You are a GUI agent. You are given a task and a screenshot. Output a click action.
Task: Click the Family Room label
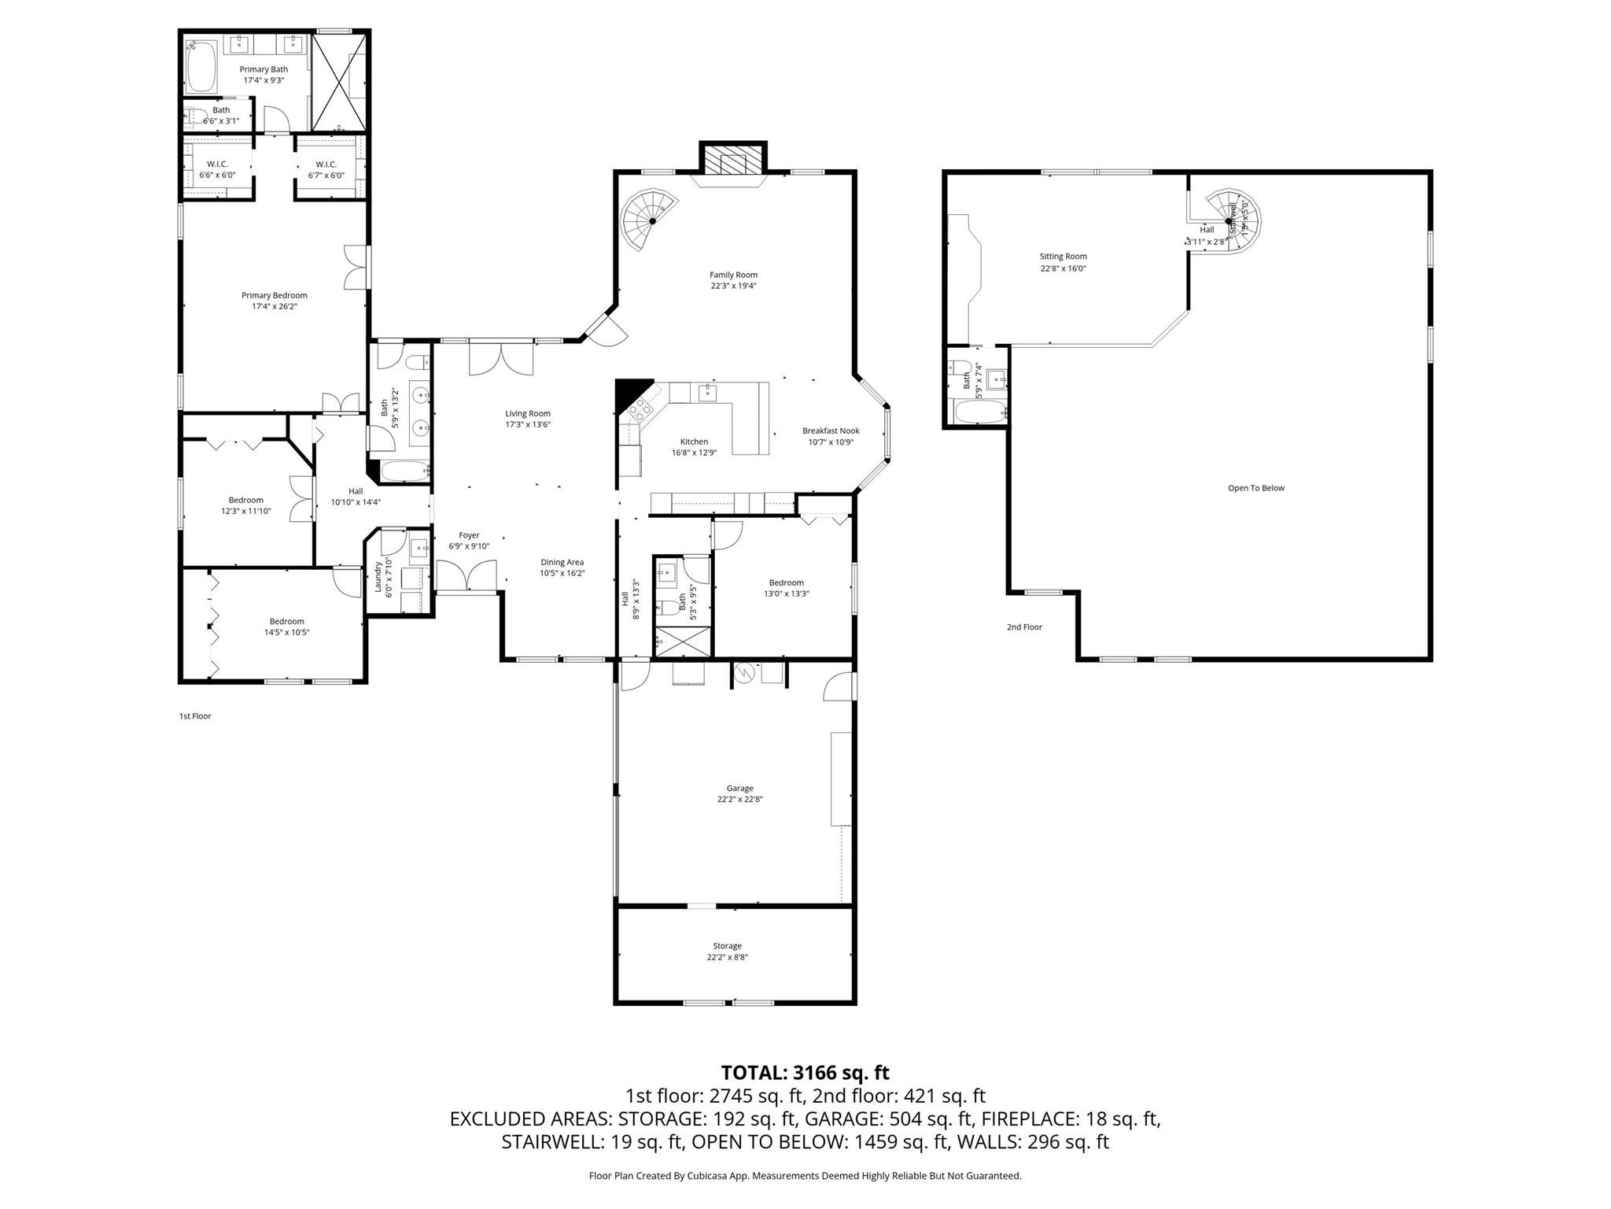tap(733, 275)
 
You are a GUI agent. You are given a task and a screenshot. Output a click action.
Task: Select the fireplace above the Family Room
tap(733, 161)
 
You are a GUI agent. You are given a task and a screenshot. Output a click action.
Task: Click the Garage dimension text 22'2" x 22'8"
tap(739, 799)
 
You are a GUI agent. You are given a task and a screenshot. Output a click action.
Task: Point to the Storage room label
tap(727, 946)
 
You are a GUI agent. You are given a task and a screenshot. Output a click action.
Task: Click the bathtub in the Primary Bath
tap(202, 68)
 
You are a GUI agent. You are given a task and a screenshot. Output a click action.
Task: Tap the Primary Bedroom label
tap(274, 295)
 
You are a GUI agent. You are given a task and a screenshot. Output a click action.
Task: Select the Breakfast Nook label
tap(831, 431)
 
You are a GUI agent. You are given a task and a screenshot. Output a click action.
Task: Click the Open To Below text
tap(1255, 488)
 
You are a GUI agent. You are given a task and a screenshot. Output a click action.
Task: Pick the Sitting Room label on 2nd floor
tap(1063, 257)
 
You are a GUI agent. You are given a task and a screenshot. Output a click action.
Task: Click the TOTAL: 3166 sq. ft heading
tap(805, 1072)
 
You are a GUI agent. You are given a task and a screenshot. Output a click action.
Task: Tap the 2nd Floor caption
tap(1024, 627)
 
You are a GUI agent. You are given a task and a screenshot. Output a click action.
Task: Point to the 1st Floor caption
tap(195, 716)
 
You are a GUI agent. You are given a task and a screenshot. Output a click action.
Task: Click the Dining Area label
tap(562, 562)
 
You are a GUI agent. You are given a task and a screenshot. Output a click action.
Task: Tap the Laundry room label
tap(378, 576)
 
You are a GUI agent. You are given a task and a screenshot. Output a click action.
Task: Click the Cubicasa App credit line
tap(805, 1176)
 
